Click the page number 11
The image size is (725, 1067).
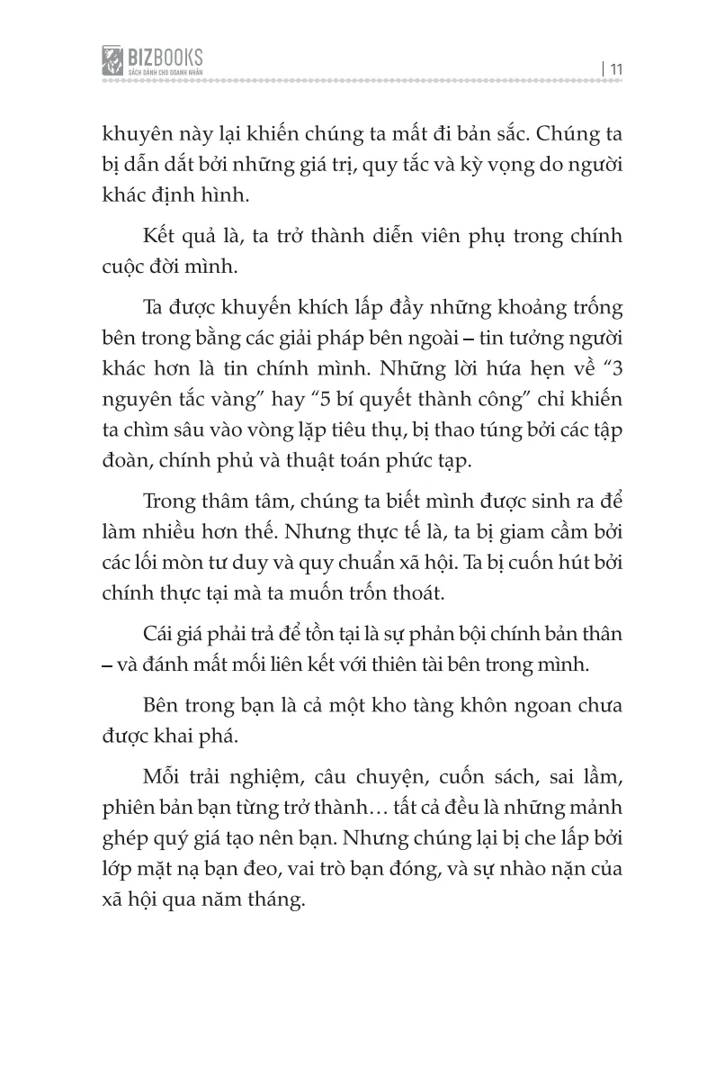click(618, 66)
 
